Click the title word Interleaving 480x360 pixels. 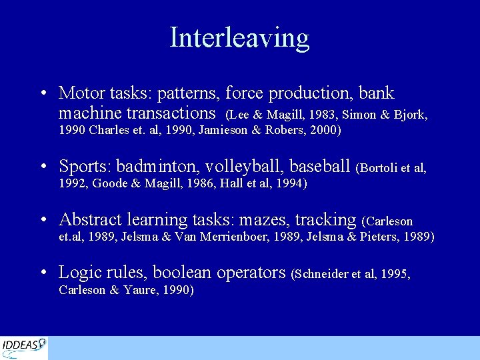point(239,37)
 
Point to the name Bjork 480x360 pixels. point(411,115)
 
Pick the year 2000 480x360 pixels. point(323,130)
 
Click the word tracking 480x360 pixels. point(325,219)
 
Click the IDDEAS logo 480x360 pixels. point(24,347)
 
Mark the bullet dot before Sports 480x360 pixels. point(43,166)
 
